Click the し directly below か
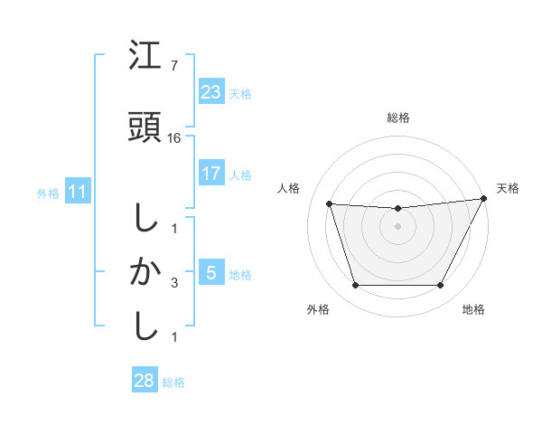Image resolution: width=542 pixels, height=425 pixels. point(145,326)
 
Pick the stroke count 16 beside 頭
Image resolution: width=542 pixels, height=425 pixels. point(175,138)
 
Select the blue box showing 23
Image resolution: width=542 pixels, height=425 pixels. point(210,92)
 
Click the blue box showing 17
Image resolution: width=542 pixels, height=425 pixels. point(210,174)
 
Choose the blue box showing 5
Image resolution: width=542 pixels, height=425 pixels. point(210,273)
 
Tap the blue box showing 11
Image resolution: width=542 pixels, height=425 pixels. point(78,192)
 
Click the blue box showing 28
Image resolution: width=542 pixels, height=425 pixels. point(145,381)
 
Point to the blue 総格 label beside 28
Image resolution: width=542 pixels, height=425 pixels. point(173,382)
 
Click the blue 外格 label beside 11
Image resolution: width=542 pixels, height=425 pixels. point(48,193)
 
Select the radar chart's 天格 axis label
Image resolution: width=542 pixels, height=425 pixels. point(508,188)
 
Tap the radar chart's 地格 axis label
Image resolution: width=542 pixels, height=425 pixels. point(473,309)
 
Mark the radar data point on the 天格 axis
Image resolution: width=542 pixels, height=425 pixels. point(484,199)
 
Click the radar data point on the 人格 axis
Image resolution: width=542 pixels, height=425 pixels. point(329,204)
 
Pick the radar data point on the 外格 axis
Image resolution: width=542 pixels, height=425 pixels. point(355,286)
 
